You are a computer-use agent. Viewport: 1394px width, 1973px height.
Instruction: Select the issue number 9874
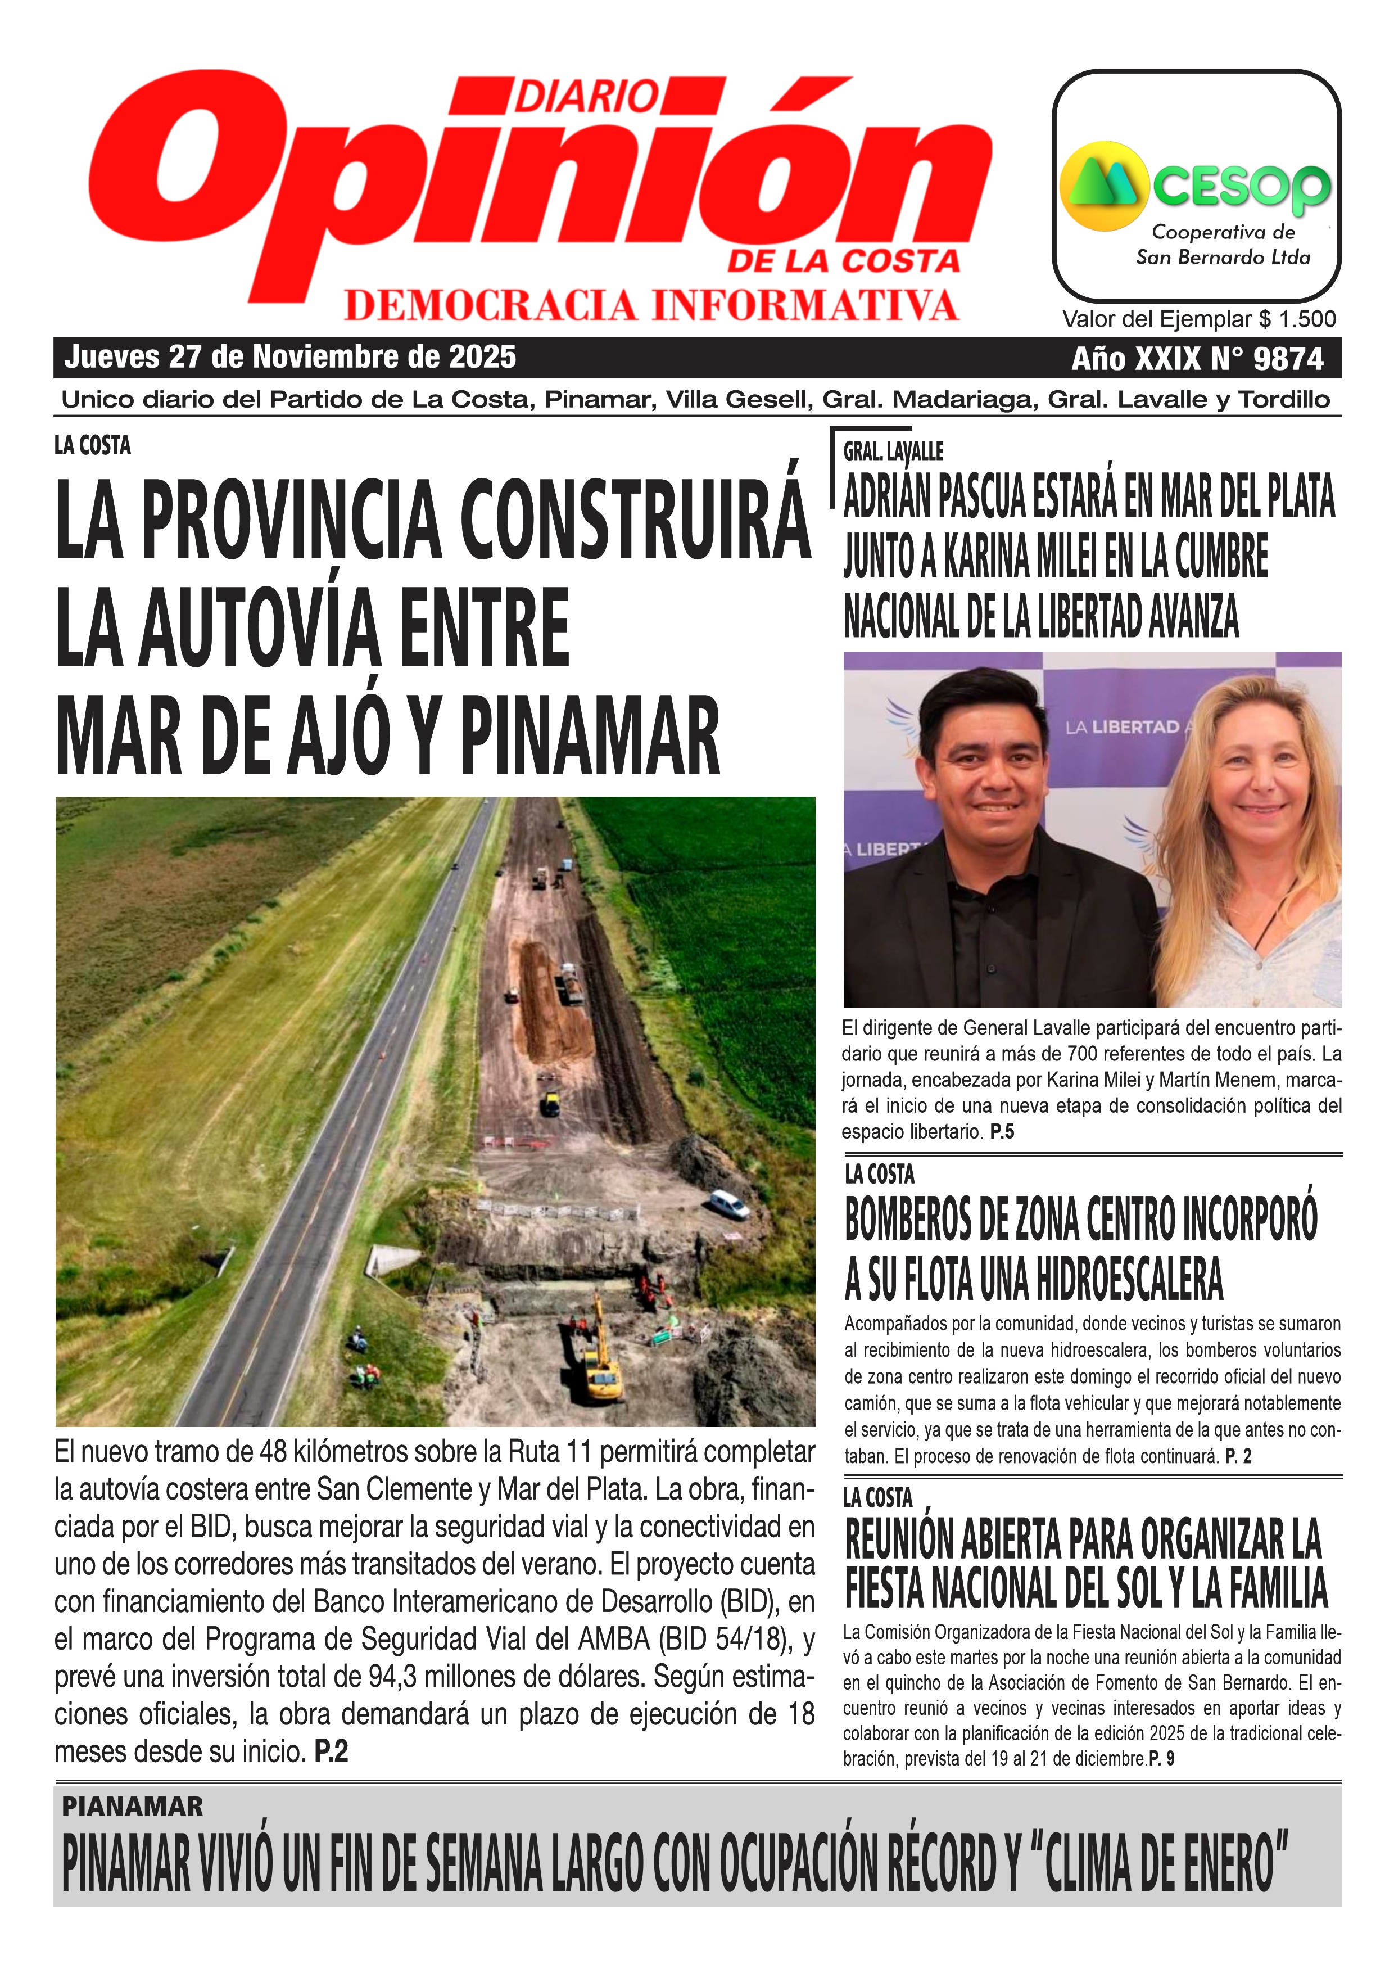pyautogui.click(x=1288, y=358)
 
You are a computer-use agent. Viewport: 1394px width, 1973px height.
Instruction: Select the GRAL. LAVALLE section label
pyautogui.click(x=893, y=451)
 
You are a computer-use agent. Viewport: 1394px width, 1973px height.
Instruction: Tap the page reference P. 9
pyautogui.click(x=1161, y=1759)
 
